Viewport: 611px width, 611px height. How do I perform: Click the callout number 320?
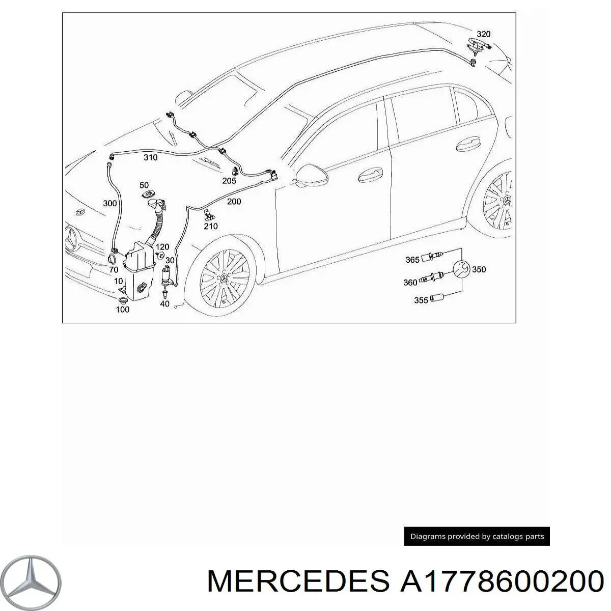click(483, 34)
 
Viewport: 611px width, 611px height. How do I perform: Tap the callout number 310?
click(150, 157)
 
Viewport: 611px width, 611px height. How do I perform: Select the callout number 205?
click(229, 181)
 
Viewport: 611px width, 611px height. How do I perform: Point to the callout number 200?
click(234, 202)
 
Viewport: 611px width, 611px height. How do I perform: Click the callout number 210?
click(210, 226)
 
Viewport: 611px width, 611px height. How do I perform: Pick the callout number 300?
click(109, 204)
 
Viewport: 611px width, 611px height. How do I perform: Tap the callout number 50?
click(144, 185)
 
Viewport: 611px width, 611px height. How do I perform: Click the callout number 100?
click(122, 309)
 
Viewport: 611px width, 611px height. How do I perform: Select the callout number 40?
click(164, 304)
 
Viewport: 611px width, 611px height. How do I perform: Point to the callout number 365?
click(412, 260)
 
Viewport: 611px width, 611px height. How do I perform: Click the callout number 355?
click(421, 300)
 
